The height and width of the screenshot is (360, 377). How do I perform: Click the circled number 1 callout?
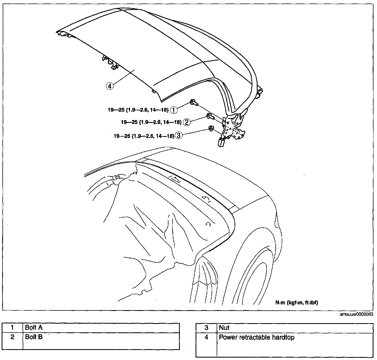pos(174,110)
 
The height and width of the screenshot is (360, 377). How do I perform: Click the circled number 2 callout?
pos(187,122)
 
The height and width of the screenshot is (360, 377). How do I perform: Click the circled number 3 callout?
pos(179,136)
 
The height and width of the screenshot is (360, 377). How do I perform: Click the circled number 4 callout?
pos(109,86)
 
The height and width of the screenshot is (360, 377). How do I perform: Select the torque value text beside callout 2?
pos(151,122)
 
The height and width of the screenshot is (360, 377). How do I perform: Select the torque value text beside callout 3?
pos(144,136)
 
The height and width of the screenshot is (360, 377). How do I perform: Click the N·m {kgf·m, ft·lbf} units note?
pos(297,303)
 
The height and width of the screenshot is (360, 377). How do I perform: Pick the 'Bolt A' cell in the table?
pos(101,328)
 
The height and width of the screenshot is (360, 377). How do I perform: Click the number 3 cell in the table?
pos(206,328)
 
